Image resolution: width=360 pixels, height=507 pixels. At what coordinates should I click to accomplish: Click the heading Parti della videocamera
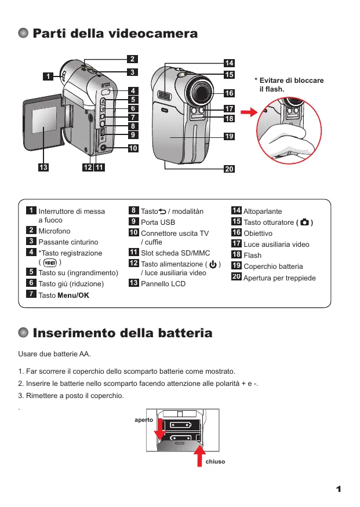[115, 34]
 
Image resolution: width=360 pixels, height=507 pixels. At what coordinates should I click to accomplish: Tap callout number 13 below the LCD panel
[42, 167]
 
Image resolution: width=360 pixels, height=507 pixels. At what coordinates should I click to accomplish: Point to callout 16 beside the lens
[229, 93]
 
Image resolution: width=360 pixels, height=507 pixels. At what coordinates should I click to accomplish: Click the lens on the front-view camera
[200, 90]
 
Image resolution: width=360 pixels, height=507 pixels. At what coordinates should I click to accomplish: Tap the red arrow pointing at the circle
[248, 112]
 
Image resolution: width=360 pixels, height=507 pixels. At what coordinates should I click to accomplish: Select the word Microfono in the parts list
[54, 231]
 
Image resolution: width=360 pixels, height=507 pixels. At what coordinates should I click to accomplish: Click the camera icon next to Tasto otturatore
[305, 223]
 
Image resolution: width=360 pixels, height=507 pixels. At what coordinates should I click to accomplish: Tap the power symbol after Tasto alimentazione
[213, 264]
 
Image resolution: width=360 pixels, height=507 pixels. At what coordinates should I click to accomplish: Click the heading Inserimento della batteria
[122, 333]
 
